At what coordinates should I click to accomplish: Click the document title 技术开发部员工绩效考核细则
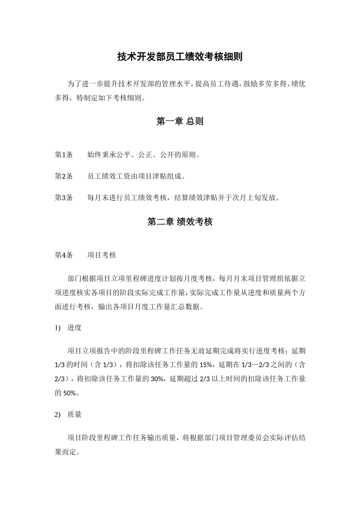pos(180,57)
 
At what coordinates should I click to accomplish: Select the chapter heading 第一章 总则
pos(180,121)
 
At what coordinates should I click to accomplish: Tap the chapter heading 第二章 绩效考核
pos(180,222)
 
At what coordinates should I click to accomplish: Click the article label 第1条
pos(64,155)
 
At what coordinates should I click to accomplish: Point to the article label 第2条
pos(64,176)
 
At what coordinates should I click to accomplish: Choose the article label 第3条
pos(64,197)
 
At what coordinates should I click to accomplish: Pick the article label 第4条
pos(64,255)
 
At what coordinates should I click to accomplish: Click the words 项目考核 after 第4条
pos(102,255)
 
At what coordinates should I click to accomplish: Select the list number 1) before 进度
pos(58,328)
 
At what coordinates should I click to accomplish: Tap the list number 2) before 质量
pos(58,415)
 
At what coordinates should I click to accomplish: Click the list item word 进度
pos(75,328)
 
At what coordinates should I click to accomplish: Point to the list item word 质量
pos(75,415)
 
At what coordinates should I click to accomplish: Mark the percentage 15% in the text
pos(205,365)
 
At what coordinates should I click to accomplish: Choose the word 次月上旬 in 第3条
pos(239,197)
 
